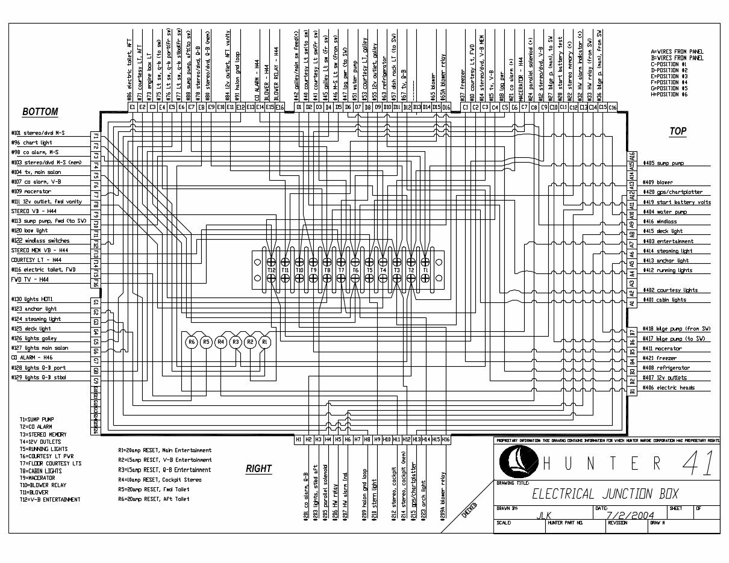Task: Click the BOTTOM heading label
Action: coord(40,112)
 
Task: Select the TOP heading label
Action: coord(678,131)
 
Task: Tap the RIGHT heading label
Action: coord(258,468)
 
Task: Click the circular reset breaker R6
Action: coord(192,342)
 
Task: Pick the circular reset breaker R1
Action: coord(264,342)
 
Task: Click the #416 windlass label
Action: coord(660,222)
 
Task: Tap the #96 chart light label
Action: coord(33,143)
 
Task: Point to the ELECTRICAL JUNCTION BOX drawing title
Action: coord(604,494)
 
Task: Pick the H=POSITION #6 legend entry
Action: coord(669,95)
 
